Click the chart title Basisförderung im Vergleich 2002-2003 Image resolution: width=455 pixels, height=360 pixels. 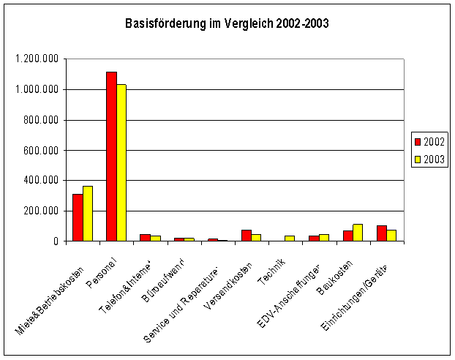(227, 23)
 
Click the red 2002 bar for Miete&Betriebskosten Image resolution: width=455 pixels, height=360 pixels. (78, 217)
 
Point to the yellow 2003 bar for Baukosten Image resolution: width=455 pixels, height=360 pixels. (358, 233)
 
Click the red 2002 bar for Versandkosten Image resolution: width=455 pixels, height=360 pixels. (247, 236)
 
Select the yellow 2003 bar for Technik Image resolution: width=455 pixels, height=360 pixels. (290, 239)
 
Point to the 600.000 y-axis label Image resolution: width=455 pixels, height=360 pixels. (41, 150)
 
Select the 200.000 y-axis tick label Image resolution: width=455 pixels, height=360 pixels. (41, 211)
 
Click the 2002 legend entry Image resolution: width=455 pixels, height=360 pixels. (429, 141)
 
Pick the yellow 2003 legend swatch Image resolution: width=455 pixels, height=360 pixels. (418, 158)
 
